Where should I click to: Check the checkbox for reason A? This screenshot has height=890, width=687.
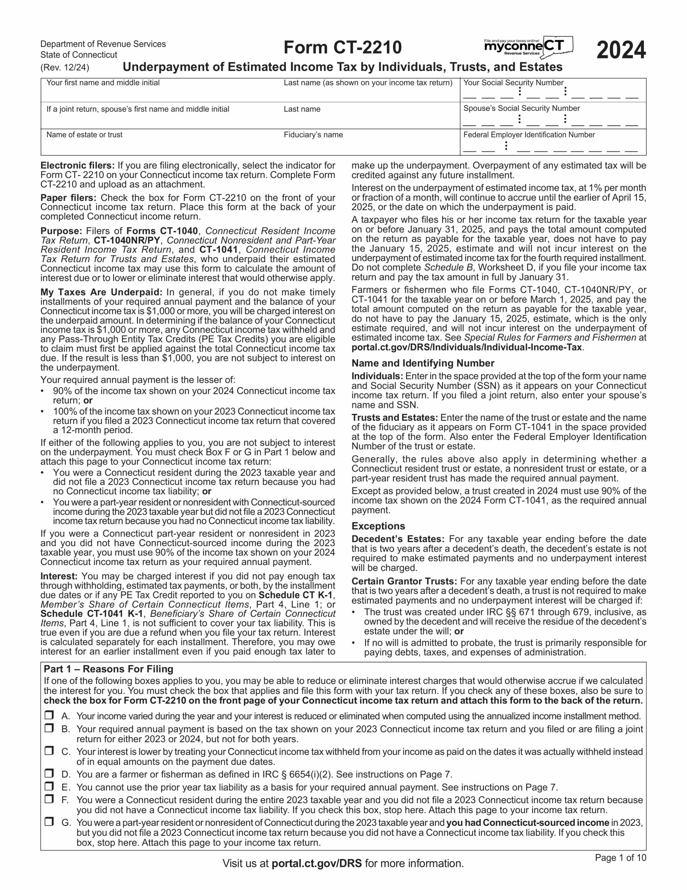pos(49,715)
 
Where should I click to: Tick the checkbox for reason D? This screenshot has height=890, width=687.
pos(49,774)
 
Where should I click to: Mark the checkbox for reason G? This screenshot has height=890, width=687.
pos(49,822)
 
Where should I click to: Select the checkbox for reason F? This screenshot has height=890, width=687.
pos(49,799)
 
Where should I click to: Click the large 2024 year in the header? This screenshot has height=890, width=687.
pos(621,50)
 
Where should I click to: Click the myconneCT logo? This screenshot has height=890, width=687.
pos(529,47)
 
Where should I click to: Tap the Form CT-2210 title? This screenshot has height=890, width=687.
pos(342,48)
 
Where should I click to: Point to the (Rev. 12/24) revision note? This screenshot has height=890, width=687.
pos(65,67)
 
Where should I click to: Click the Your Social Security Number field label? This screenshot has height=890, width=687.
pos(513,83)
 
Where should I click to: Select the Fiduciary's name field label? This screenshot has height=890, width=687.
pos(313,135)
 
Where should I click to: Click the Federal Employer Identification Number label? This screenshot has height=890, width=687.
pos(529,135)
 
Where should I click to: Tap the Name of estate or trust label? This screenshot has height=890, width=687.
pos(84,135)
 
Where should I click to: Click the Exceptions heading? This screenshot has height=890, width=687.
pos(378,526)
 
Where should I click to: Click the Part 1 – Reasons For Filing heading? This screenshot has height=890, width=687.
pos(109,669)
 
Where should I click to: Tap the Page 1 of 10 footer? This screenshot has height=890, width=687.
pos(620,858)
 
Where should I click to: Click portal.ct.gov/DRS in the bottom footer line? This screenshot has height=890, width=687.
pos(316,864)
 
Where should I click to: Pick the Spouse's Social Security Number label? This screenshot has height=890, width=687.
pos(521,108)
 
